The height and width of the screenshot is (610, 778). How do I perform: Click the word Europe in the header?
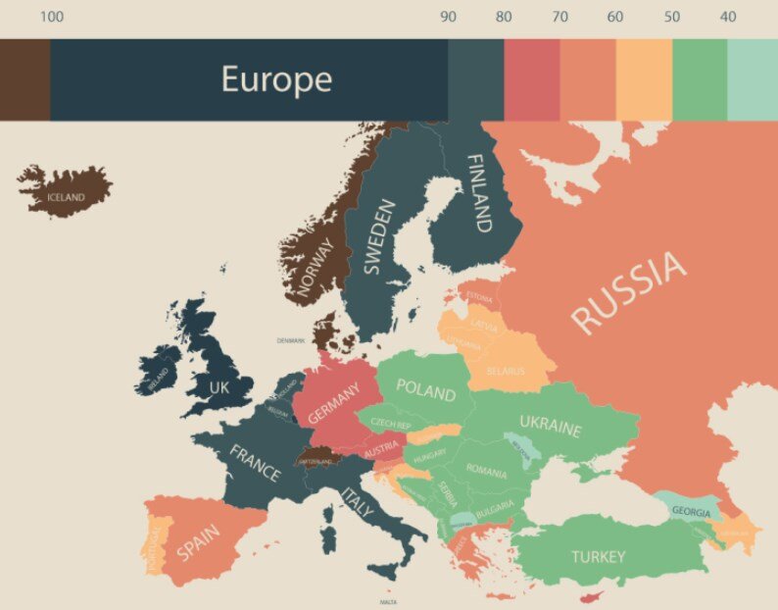[276, 79]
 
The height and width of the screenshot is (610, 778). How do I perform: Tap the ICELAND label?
[66, 197]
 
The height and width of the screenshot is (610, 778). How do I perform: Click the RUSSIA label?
[628, 292]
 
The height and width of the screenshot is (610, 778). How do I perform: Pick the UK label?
[219, 387]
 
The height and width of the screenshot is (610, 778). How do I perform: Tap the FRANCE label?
[255, 463]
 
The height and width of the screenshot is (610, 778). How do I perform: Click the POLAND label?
[425, 389]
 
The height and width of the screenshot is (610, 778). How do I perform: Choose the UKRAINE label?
[550, 425]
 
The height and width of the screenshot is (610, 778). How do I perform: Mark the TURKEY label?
[598, 557]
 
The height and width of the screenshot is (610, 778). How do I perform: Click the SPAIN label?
[199, 538]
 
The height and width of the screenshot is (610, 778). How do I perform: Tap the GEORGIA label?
[691, 512]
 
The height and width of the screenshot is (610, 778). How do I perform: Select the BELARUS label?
[506, 372]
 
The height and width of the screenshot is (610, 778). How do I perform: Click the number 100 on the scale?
[53, 17]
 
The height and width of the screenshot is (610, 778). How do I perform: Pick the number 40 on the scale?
[727, 17]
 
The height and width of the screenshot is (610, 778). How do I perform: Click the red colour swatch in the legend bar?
[531, 79]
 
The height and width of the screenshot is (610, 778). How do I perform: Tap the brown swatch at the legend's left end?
[24, 79]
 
